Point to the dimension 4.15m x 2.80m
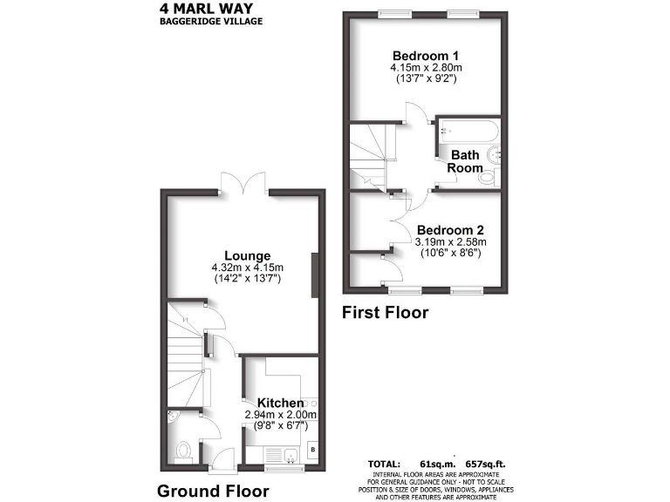coord(425,66)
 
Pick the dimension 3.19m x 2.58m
coord(450,241)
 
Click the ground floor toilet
coord(183,450)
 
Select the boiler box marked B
coord(312,450)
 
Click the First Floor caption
coord(385,312)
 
